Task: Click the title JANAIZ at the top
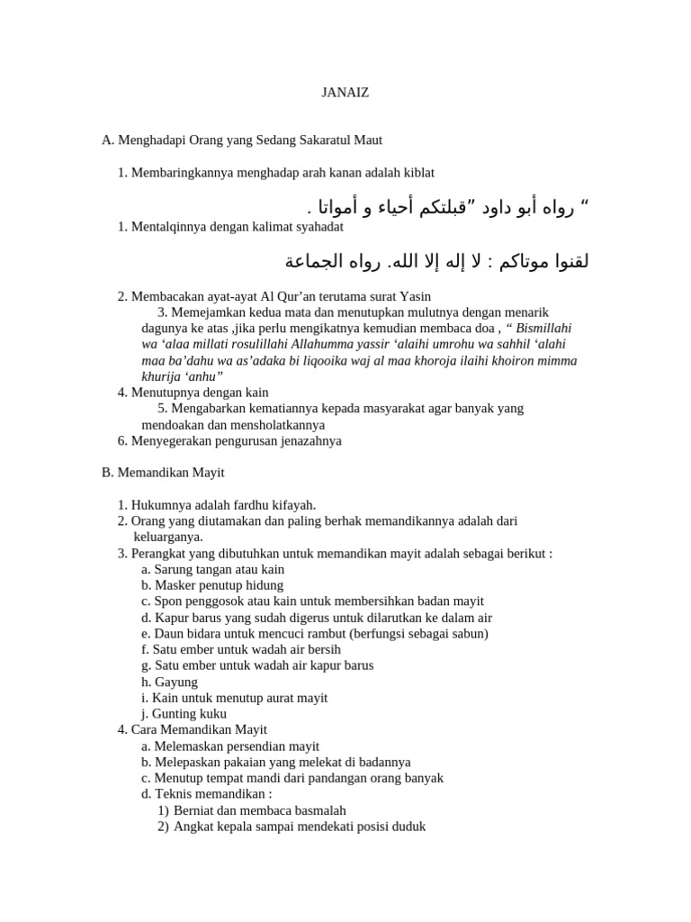(345, 92)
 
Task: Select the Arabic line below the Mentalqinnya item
(437, 262)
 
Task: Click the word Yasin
(415, 296)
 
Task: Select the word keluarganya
(168, 538)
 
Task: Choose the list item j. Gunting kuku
(184, 714)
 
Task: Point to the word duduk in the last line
(407, 827)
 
